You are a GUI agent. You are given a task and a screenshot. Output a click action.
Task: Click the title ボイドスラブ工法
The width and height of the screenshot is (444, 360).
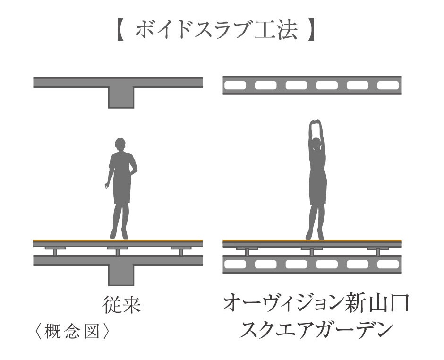pos(216,31)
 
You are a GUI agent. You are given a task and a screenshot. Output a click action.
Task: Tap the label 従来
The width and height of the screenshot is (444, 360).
pos(121,305)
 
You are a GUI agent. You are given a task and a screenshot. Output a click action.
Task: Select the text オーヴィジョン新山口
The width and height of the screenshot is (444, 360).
pos(316,305)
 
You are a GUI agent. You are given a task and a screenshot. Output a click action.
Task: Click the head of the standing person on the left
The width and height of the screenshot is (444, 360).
pos(120,144)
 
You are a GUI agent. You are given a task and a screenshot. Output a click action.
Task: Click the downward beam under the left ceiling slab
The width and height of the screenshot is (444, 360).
pos(121,97)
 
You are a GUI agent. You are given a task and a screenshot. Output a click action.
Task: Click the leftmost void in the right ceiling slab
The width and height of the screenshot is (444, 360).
pos(235,86)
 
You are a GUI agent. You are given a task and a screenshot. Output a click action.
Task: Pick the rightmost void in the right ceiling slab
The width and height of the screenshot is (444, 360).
pos(388,86)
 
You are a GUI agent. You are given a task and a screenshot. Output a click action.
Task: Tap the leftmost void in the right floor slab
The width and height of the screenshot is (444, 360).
pos(235,264)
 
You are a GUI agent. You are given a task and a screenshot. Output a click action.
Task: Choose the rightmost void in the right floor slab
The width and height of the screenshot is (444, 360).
pos(388,264)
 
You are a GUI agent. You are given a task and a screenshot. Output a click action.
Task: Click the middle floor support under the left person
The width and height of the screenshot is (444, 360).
pos(118,250)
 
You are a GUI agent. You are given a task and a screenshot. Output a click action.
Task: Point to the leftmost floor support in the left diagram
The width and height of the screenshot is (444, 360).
pos(55,250)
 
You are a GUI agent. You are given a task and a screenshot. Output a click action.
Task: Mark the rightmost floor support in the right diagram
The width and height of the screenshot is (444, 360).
pos(378,250)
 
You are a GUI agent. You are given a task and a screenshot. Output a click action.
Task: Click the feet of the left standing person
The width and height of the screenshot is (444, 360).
pos(119,235)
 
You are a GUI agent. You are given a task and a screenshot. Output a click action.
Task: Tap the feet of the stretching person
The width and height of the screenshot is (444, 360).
pos(315,235)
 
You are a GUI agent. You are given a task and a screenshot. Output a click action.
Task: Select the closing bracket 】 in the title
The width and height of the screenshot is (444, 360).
pos(311,31)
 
